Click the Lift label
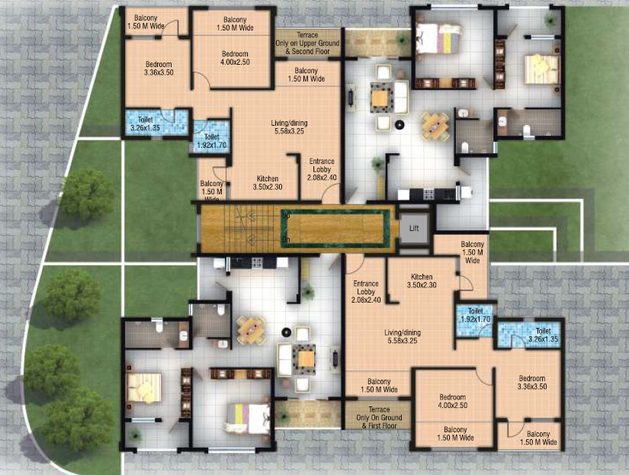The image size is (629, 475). coord(414,228)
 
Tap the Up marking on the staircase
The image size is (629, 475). coord(286,215)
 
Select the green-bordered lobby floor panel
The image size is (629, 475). coord(335,227)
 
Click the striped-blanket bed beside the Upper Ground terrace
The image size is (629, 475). coord(438,36)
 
